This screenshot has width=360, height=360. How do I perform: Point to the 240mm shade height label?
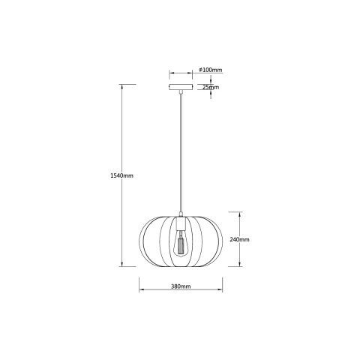click(240, 239)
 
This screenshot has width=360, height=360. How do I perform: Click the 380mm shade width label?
click(181, 287)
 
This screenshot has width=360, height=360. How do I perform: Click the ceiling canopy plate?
click(180, 86)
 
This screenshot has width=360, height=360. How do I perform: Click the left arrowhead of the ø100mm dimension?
click(169, 73)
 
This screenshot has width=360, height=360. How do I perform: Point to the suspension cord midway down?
click(180, 150)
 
